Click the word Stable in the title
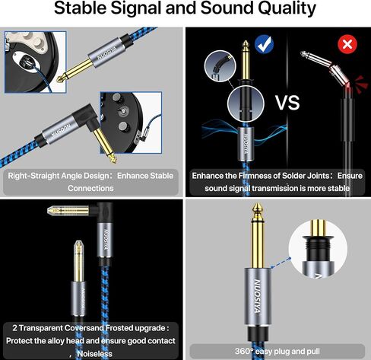pyautogui.click(x=81, y=8)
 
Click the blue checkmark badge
pyautogui.click(x=264, y=44)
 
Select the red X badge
pyautogui.click(x=347, y=44)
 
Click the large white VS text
pyautogui.click(x=287, y=103)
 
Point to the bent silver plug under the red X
pyautogui.click(x=325, y=66)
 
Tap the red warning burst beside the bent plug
pyautogui.click(x=361, y=81)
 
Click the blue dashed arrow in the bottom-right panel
pyautogui.click(x=281, y=263)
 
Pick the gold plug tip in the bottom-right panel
pyautogui.click(x=258, y=209)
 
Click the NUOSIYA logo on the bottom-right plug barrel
pyautogui.click(x=257, y=296)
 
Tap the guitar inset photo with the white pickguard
pyautogui.click(x=36, y=62)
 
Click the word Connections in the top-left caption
pyautogui.click(x=90, y=188)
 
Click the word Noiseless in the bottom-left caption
pyautogui.click(x=95, y=354)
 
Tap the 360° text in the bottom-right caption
pyautogui.click(x=244, y=352)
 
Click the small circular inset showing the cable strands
pyautogui.click(x=220, y=66)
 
